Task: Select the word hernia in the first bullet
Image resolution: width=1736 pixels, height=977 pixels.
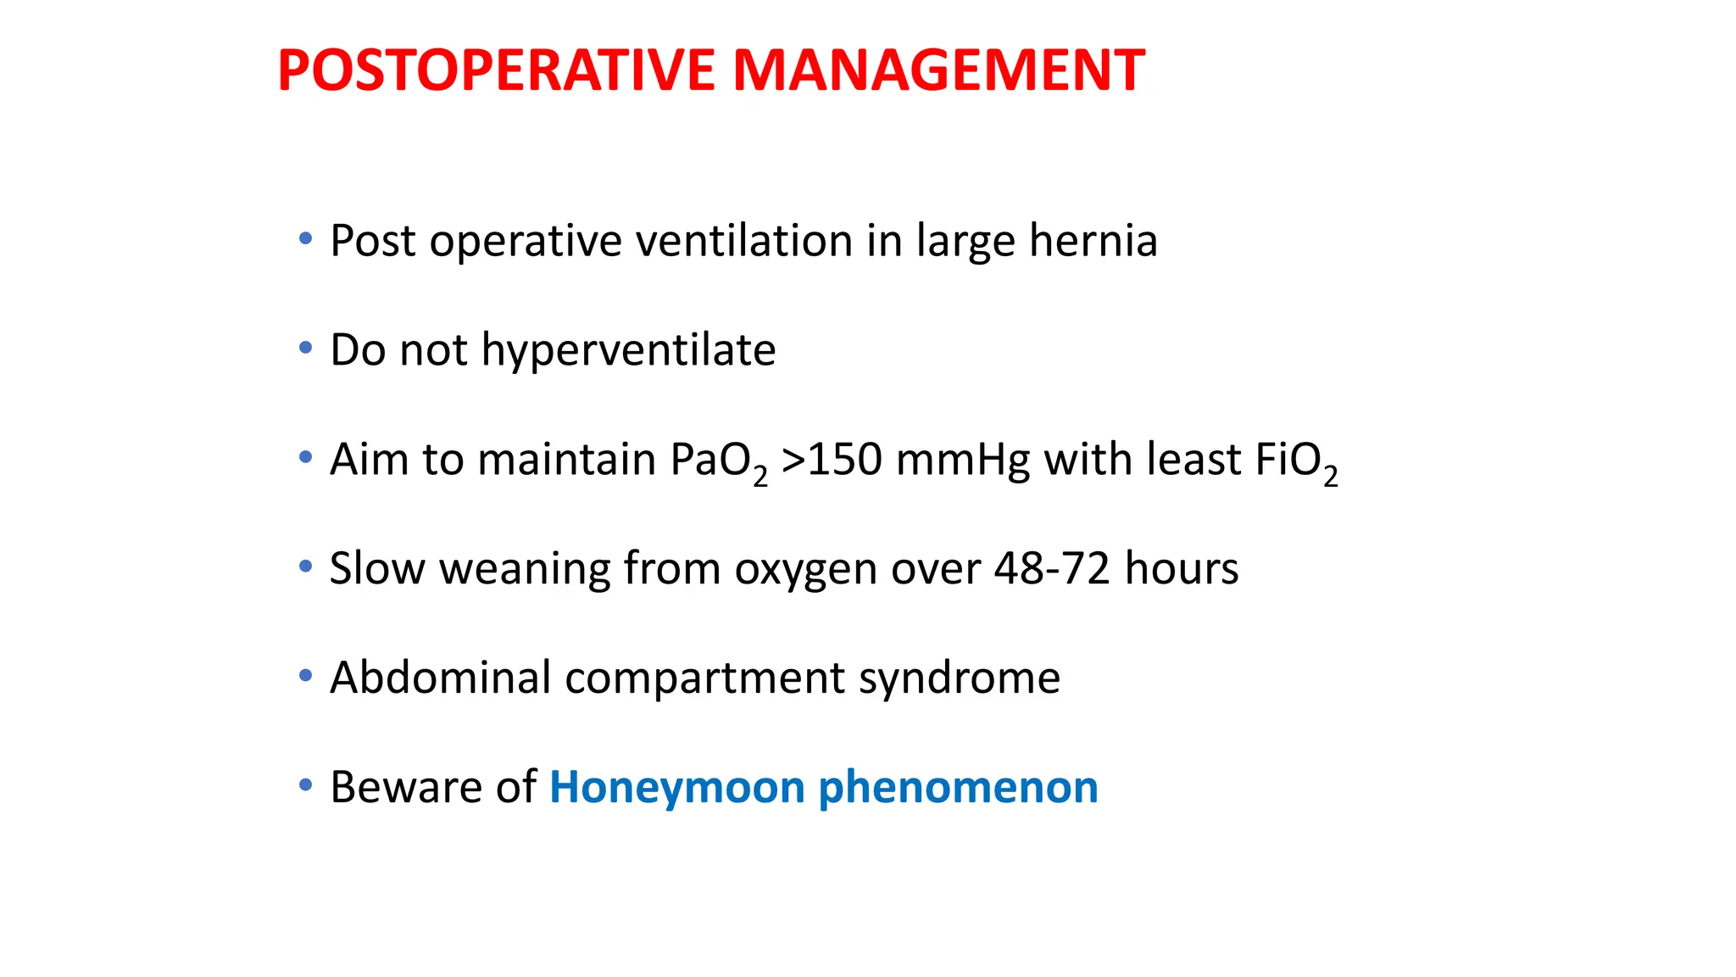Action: click(1093, 241)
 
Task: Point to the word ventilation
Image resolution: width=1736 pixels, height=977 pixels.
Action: click(743, 241)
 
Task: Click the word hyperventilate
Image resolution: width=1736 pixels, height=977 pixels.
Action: click(628, 350)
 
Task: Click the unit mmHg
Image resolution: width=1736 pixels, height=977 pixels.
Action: click(962, 461)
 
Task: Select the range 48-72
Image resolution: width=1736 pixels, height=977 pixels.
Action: click(1052, 568)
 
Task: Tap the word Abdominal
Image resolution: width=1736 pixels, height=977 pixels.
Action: click(440, 678)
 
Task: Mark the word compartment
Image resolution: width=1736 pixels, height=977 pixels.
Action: click(704, 679)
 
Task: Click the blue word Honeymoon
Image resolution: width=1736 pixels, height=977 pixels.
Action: click(676, 788)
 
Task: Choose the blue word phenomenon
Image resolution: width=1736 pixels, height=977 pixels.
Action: click(958, 788)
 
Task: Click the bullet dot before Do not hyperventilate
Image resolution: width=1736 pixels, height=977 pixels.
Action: click(305, 348)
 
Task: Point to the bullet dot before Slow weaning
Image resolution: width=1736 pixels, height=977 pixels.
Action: click(305, 567)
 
